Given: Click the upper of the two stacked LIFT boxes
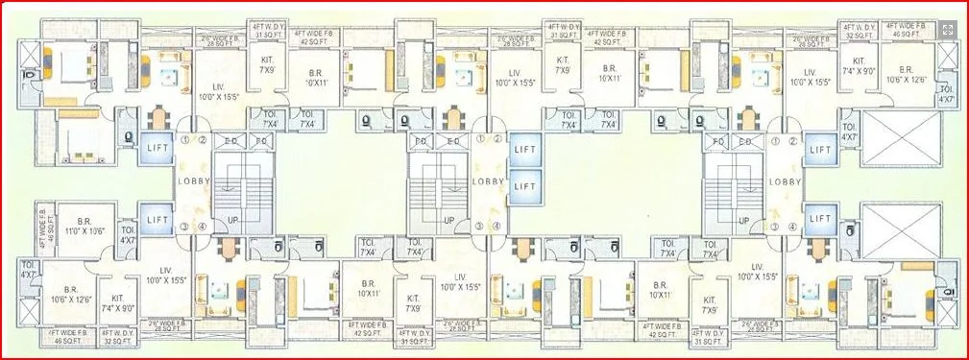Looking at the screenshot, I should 522,149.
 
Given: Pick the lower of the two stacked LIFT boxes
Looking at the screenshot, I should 522,184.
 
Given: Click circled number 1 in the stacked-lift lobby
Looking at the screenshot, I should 478,138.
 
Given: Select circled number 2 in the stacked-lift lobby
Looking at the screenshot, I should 497,138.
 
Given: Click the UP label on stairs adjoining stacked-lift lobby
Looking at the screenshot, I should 448,220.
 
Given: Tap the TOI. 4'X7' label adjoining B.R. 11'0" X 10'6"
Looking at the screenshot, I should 129,235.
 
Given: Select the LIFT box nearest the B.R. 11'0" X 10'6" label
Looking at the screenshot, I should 157,217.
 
